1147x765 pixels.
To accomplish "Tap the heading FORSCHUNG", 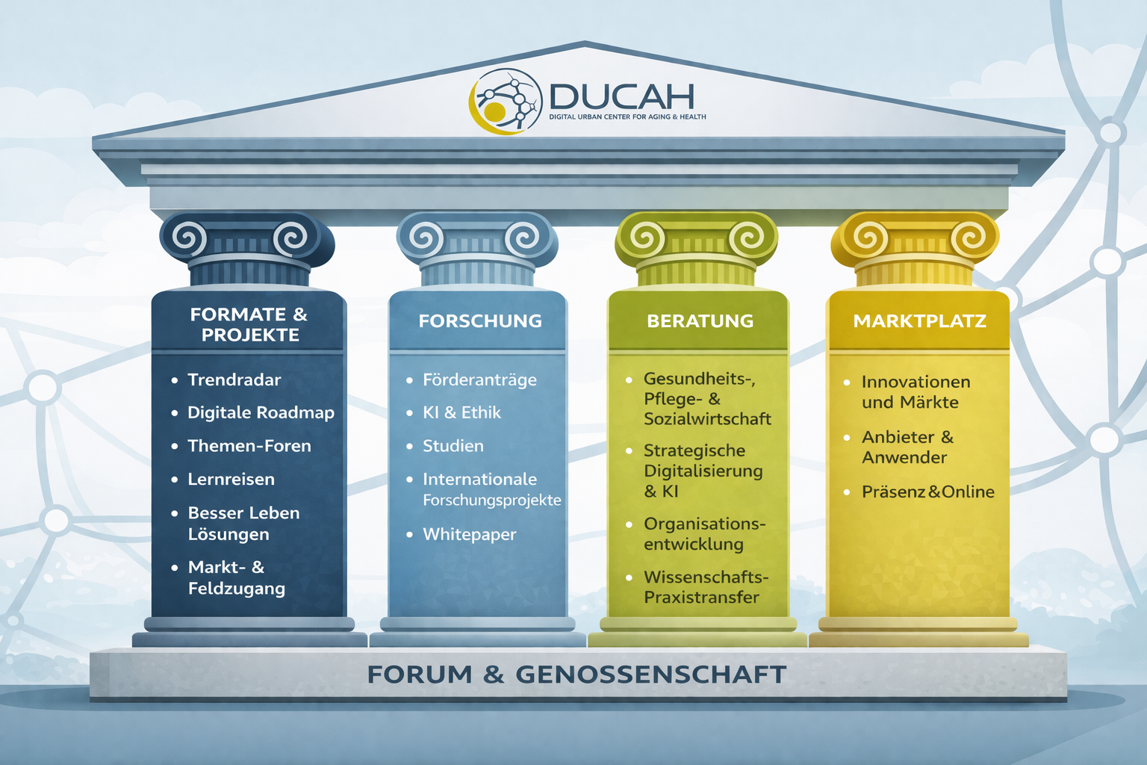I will point(480,321).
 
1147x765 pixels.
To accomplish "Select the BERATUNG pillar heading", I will point(700,321).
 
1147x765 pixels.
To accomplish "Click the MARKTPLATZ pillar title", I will point(919,321).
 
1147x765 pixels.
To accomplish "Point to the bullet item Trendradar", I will point(234,380).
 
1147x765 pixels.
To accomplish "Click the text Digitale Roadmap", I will point(261,412).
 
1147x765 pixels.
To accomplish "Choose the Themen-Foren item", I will point(249,446).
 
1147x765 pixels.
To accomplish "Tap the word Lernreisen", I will point(231,479).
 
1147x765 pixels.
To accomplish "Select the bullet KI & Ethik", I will point(461,412).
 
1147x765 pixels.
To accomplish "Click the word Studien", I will point(453,446).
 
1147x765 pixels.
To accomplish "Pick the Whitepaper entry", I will point(469,534).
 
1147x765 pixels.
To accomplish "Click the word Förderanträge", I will point(479,380).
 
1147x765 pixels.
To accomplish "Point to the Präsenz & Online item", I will point(927,492).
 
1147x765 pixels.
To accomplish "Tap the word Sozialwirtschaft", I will point(707,419).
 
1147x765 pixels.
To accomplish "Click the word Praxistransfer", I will point(701,597).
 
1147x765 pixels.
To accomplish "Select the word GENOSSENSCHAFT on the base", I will point(650,675).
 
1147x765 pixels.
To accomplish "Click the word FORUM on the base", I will point(420,675).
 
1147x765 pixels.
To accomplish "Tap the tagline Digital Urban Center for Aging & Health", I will point(627,117).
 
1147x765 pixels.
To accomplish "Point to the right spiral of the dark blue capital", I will point(290,238).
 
